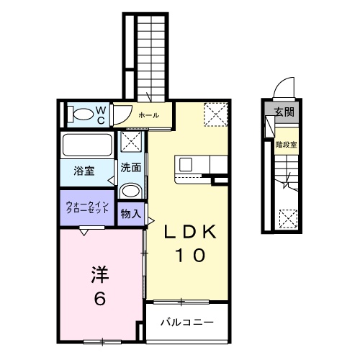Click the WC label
102,114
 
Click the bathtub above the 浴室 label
86,145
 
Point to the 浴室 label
84,171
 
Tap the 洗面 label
130,168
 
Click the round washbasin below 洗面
130,192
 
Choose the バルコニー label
186,322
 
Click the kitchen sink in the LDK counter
185,165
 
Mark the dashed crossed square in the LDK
215,114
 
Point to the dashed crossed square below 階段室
287,217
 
